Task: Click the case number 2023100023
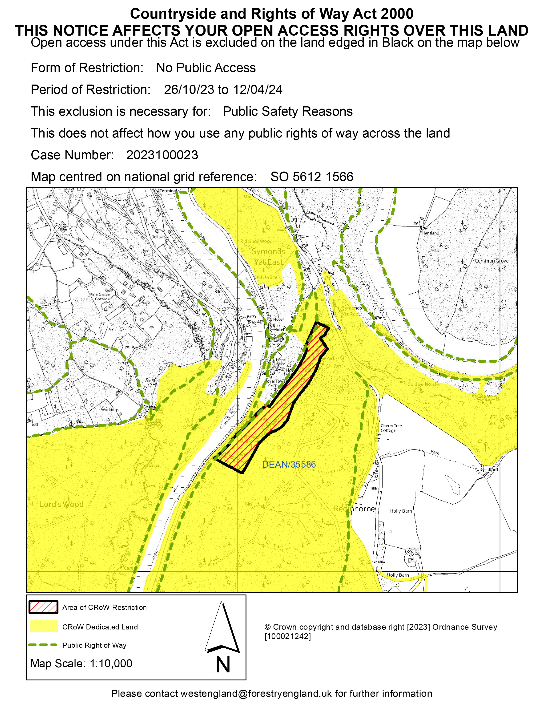point(162,155)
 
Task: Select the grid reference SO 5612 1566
point(312,177)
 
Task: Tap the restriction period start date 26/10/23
point(189,90)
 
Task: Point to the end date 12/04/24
point(258,90)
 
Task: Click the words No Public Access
point(206,68)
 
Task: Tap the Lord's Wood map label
point(61,504)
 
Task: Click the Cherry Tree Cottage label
point(391,428)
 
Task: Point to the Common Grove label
point(492,261)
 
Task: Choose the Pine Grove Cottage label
point(100,296)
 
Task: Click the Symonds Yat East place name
point(268,257)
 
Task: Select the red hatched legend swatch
point(43,607)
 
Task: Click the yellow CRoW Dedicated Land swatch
point(44,627)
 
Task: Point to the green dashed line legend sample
point(43,645)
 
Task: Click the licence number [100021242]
point(288,636)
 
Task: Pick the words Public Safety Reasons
point(288,111)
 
